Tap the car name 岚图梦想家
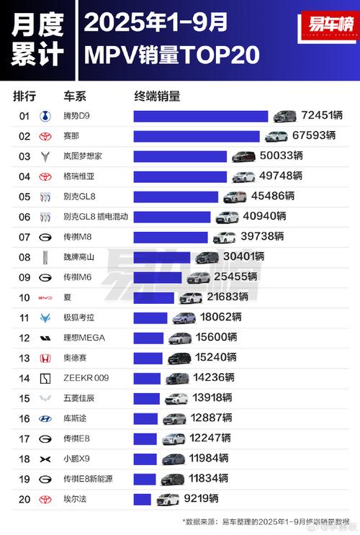coord(87,156)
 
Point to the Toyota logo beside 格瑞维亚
coord(45,176)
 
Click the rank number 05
coord(24,197)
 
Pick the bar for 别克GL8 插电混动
coord(171,217)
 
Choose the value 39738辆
coord(264,237)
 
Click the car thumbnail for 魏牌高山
coord(207,257)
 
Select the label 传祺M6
coord(78,277)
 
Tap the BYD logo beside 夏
coord(45,297)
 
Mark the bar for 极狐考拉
coord(150,318)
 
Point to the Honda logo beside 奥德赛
coord(45,358)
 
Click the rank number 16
coord(24,418)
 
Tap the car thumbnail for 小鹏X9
coord(173,459)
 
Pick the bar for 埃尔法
coord(142,499)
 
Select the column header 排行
coord(24,96)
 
